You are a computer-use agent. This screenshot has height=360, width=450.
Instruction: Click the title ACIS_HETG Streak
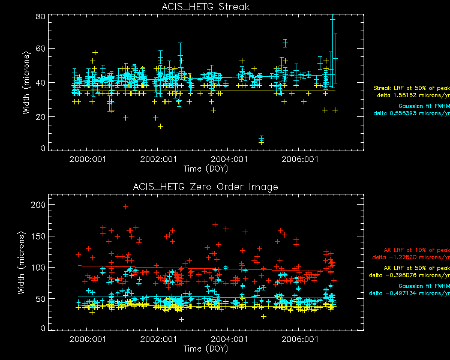point(205,7)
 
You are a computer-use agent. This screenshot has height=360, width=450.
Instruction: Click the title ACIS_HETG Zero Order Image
point(205,187)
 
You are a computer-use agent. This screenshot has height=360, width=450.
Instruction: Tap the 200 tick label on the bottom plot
point(37,205)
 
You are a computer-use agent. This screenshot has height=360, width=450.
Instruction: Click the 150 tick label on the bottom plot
point(37,236)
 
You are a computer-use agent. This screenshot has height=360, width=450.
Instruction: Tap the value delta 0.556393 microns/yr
point(412,112)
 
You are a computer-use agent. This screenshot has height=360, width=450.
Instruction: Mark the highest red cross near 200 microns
point(125,206)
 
